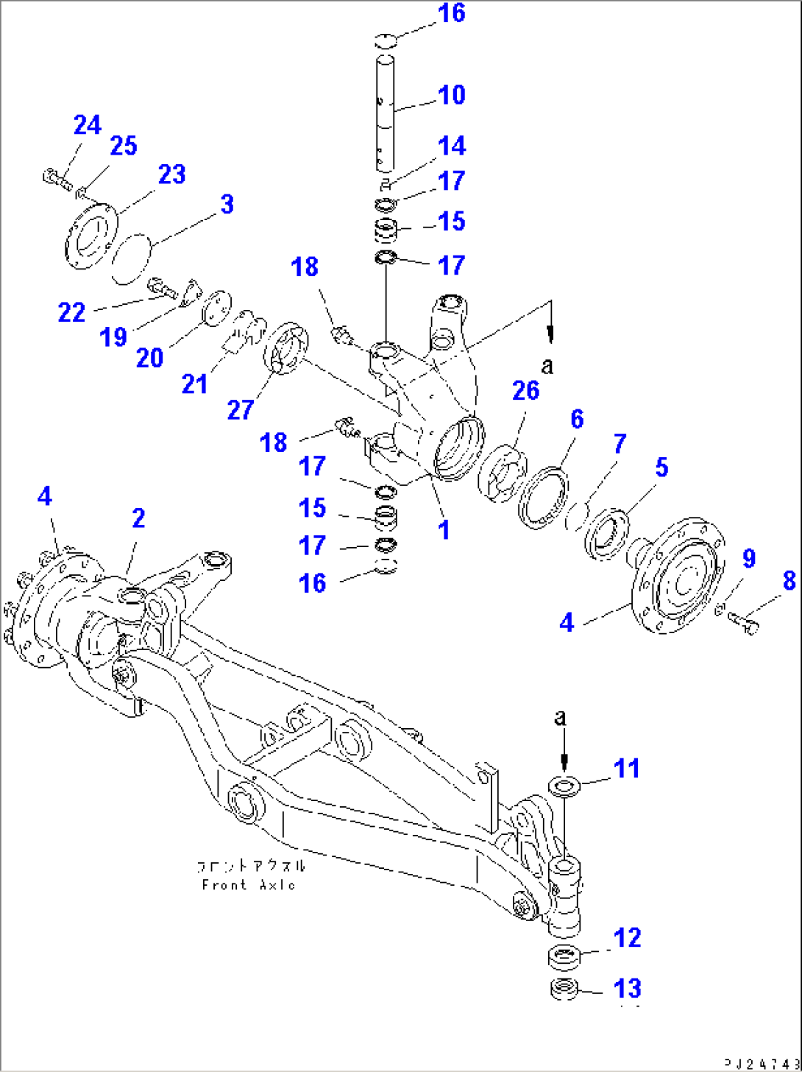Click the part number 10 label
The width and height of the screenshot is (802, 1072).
[x=451, y=95]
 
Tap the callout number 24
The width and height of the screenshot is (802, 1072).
[x=87, y=125]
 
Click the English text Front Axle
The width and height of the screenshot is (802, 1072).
[x=249, y=885]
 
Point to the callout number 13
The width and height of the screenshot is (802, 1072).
[x=627, y=988]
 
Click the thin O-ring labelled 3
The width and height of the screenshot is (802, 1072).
[x=131, y=258]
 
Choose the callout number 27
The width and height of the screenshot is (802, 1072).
[x=241, y=409]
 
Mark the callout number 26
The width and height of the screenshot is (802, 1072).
[x=525, y=391]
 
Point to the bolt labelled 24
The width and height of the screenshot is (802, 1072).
[x=56, y=177]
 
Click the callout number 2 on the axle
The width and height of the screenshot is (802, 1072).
[x=138, y=518]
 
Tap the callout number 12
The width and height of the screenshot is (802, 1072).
[x=627, y=937]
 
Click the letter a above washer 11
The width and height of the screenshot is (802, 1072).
[x=561, y=717]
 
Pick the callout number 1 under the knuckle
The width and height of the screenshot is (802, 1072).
[x=444, y=529]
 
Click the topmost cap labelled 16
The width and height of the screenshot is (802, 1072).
[x=386, y=41]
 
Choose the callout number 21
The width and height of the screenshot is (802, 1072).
[x=194, y=384]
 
